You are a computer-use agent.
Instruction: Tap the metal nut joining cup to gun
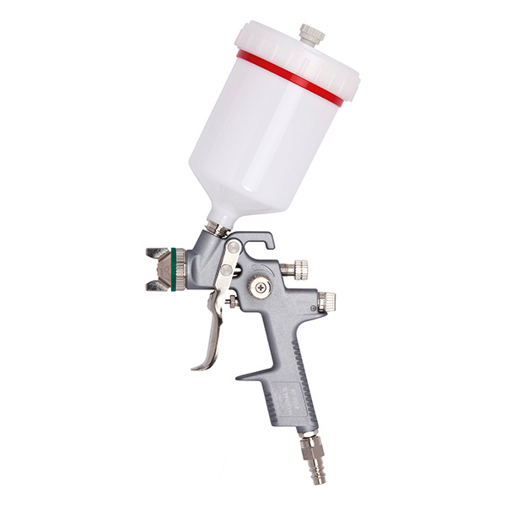pos(215,229)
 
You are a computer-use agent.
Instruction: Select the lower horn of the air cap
pos(157,286)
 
